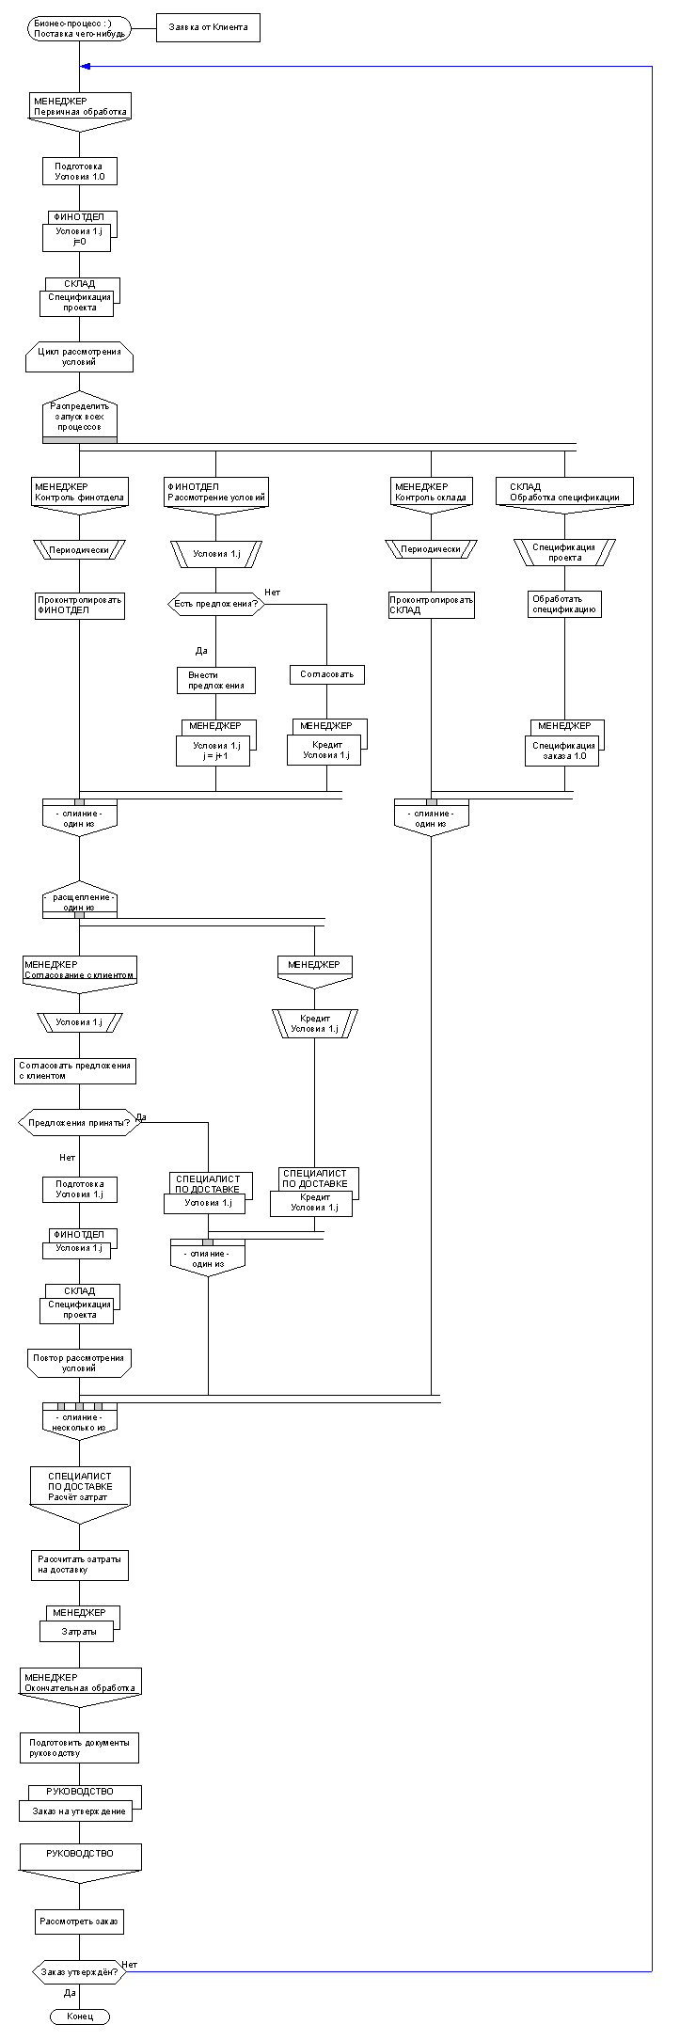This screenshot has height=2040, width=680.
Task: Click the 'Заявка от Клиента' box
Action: [208, 28]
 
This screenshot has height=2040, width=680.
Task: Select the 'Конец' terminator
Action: [79, 2016]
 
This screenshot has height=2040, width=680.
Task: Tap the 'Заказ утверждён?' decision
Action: [79, 1971]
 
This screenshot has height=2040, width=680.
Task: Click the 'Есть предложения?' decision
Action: [215, 604]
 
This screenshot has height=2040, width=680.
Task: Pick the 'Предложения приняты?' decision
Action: [79, 1122]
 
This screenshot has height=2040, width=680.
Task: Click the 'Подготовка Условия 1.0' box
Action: [79, 171]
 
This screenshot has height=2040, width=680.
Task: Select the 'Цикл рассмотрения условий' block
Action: [79, 356]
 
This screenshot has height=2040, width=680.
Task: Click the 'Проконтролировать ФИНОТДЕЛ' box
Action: [79, 605]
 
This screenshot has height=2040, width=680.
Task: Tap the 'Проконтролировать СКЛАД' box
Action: [432, 605]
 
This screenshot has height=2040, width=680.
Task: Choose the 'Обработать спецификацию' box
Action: [564, 604]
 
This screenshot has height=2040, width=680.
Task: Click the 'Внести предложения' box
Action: [215, 680]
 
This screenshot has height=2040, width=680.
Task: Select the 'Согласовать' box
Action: [326, 674]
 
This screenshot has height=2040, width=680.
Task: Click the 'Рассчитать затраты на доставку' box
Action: [79, 1564]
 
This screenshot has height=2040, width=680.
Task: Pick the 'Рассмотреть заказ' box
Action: [79, 1921]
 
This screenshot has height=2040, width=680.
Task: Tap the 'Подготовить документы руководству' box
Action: [79, 1747]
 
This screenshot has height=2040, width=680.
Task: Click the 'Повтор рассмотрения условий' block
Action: [79, 1363]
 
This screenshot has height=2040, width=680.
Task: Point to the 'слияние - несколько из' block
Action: [79, 1421]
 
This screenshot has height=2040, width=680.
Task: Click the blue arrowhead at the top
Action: [86, 67]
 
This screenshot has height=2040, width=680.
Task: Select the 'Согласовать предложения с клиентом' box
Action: [75, 1070]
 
